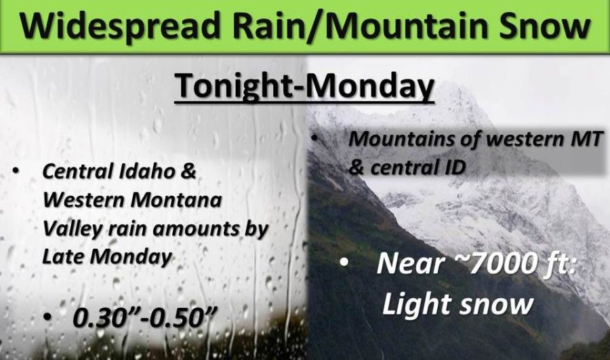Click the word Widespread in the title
tap(120, 26)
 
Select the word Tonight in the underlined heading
tap(232, 87)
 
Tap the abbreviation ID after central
tap(456, 167)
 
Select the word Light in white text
tap(418, 304)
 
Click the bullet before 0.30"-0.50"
tap(47, 317)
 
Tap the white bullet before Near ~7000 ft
tap(344, 262)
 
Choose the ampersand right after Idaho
tap(188, 172)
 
